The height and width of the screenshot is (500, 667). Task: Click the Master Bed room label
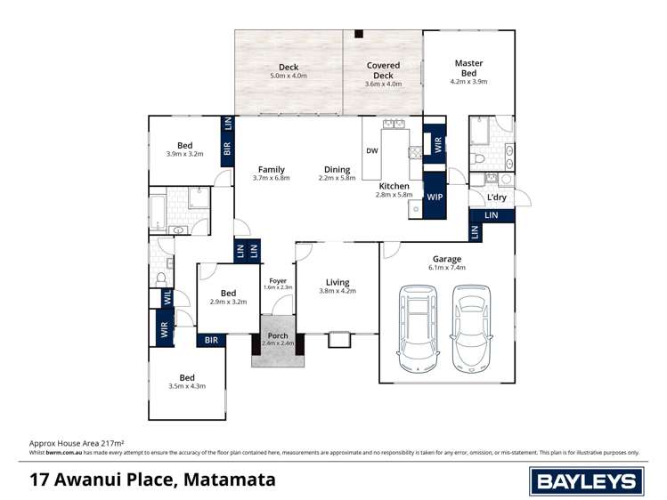468,68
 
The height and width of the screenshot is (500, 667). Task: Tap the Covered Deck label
384,70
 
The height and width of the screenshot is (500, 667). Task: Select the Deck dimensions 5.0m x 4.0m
289,77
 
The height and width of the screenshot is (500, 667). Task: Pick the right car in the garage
470,326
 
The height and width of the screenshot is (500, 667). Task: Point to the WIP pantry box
435,197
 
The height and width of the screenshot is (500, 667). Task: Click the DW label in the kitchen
372,150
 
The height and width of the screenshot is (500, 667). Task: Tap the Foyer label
278,279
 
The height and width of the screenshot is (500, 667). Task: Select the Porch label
278,335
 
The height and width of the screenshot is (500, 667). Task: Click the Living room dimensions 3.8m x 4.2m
338,291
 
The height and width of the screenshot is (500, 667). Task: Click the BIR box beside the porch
212,339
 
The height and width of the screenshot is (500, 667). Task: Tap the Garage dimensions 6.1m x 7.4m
447,267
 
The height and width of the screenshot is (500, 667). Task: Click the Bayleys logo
586,480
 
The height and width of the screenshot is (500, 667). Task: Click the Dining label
337,169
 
